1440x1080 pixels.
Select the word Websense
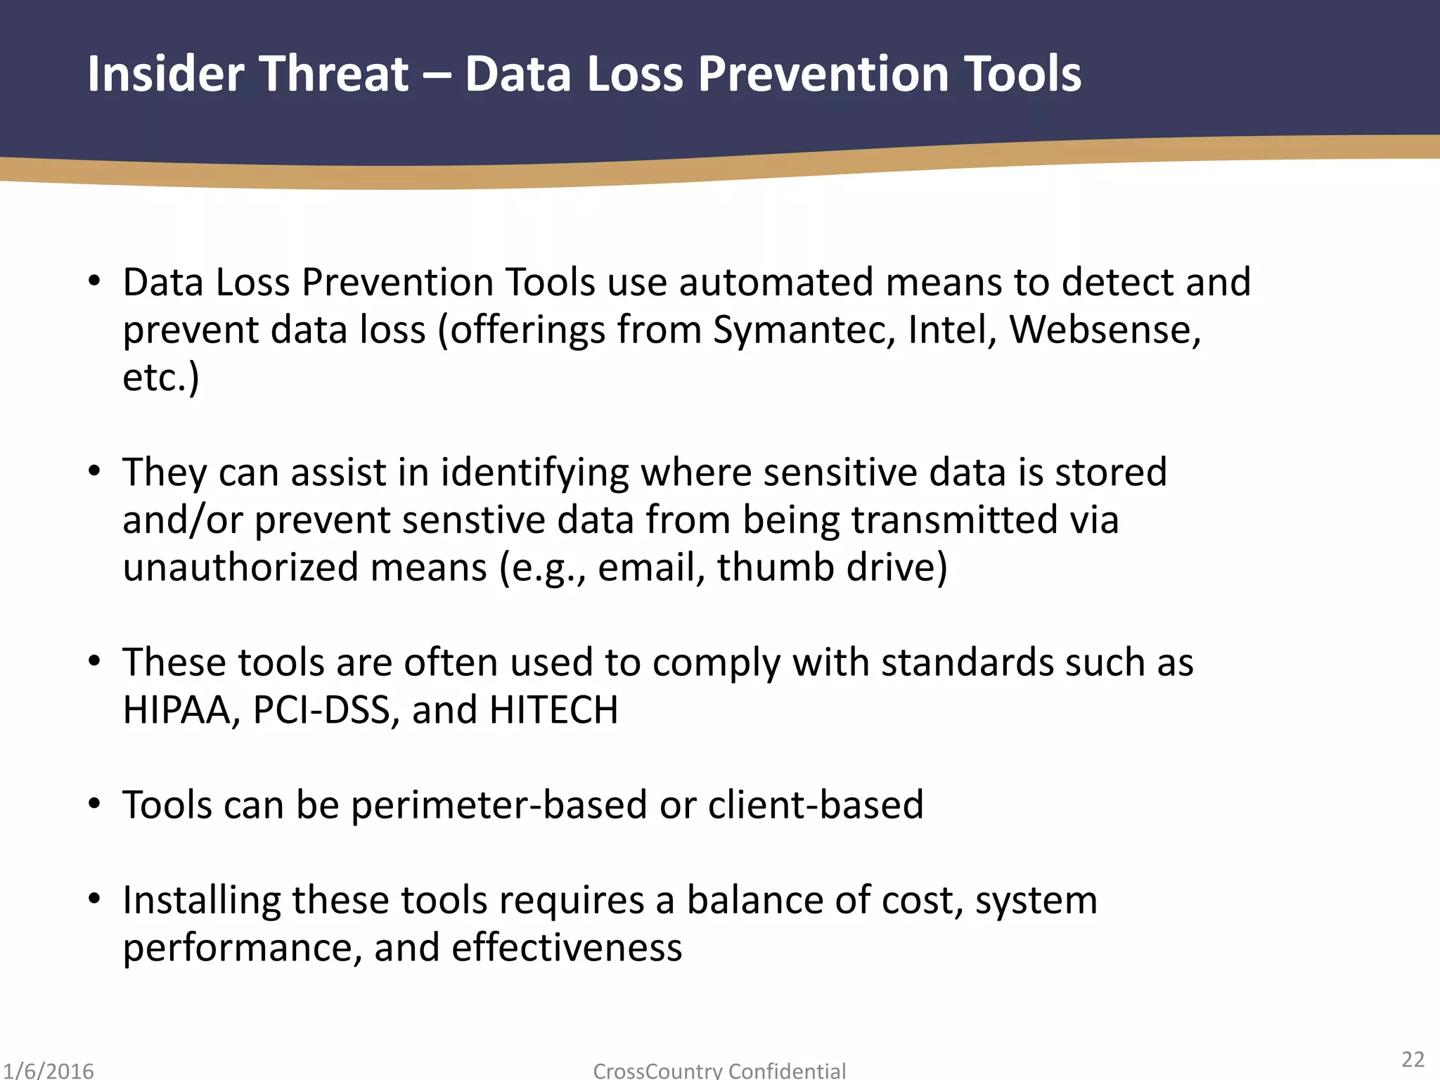point(1105,329)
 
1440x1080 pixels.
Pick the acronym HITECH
point(553,710)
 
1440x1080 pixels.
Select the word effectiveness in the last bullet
point(566,948)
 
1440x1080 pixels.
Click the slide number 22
point(1413,1060)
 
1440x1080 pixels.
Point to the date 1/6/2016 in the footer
point(48,1071)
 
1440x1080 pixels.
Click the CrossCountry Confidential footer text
point(719,1071)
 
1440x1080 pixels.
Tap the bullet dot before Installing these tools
point(95,899)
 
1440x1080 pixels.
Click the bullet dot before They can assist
point(95,472)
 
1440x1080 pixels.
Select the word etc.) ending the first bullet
point(160,378)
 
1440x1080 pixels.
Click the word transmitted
point(954,520)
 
